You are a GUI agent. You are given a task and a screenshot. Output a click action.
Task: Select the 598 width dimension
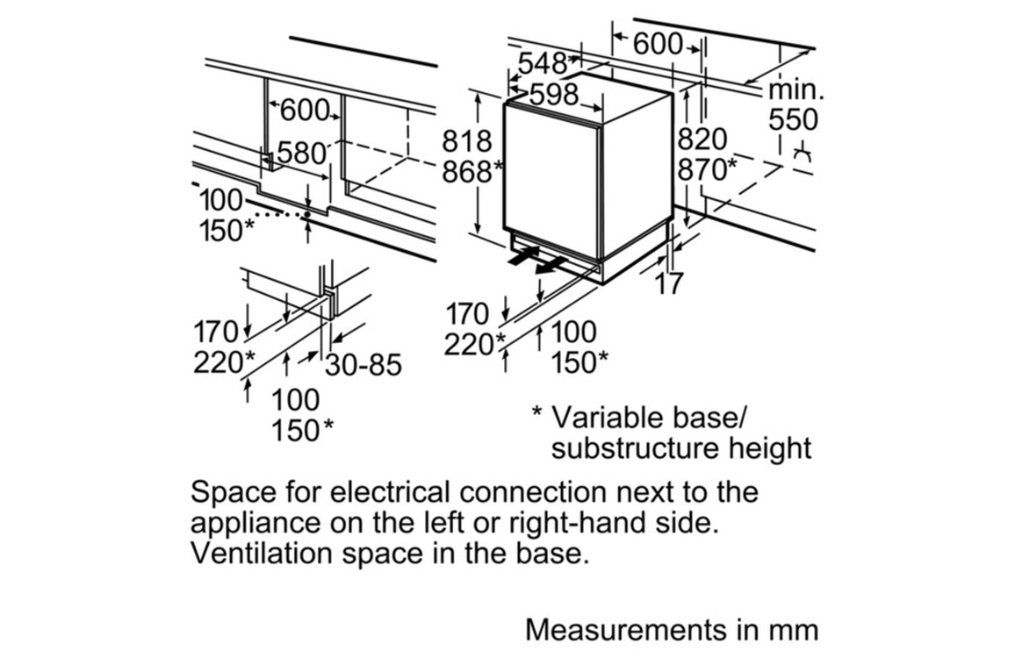(x=554, y=94)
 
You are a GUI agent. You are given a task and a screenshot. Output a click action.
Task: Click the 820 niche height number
(x=702, y=139)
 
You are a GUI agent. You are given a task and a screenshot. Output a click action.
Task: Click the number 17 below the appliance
(x=668, y=283)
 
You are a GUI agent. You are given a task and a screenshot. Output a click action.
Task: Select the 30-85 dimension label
(x=363, y=364)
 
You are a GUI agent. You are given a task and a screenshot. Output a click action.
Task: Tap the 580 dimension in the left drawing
(x=302, y=154)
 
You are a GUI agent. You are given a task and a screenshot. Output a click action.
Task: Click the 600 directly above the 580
(x=305, y=111)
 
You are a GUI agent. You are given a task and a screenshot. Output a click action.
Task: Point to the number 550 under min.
(x=792, y=120)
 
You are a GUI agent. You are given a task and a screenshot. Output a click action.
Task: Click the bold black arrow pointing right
(x=523, y=255)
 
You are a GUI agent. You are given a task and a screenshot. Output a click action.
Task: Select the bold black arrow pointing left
(x=550, y=264)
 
